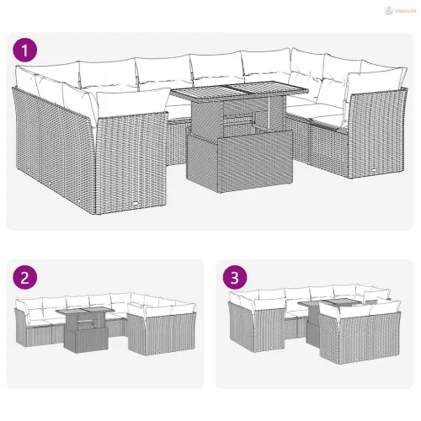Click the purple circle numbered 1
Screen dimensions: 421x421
pyautogui.click(x=28, y=51)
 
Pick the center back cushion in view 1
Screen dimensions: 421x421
pyautogui.click(x=215, y=69)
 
